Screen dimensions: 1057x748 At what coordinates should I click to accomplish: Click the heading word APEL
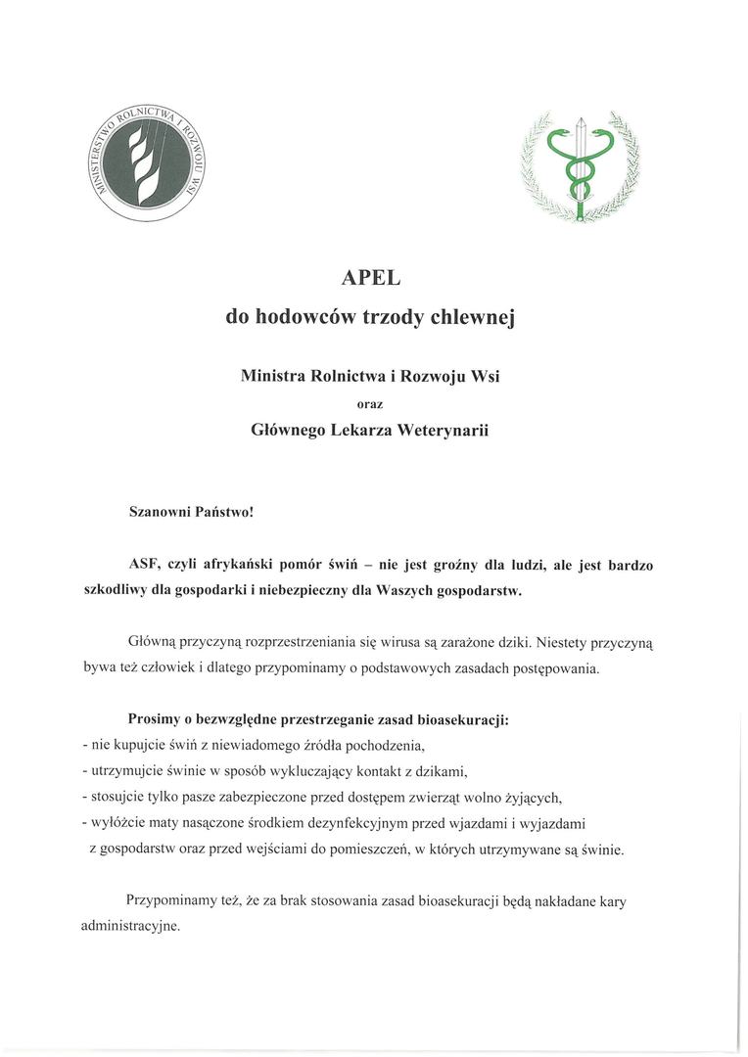click(x=371, y=278)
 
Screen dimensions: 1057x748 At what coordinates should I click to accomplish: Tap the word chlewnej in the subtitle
click(x=473, y=318)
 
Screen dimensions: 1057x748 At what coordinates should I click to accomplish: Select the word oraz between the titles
click(x=371, y=402)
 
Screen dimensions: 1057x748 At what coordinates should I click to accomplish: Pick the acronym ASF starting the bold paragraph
click(x=144, y=566)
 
